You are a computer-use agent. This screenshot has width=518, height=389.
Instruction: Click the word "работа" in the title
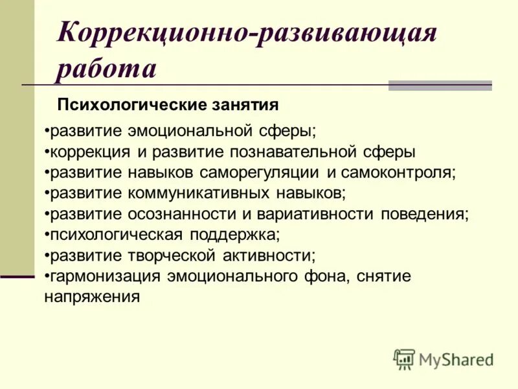(106, 69)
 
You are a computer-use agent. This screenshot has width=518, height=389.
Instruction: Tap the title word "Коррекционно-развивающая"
(247, 33)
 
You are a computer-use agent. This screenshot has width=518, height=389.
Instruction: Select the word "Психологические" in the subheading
(131, 104)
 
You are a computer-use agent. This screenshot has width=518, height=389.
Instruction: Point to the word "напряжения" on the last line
(92, 297)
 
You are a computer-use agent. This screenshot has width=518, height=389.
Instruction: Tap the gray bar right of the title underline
(440, 86)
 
